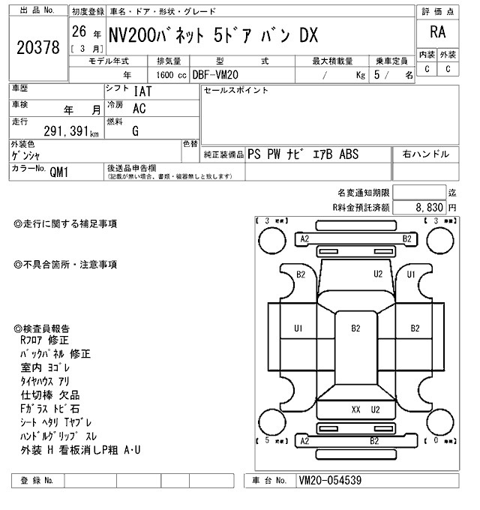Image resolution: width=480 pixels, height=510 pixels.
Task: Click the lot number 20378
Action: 37,47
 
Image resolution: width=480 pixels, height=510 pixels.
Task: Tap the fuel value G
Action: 135,132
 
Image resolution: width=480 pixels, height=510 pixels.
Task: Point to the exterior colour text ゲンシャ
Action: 27,155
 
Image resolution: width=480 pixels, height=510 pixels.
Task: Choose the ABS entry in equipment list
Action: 349,154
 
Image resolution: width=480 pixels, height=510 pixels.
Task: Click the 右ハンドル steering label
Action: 426,154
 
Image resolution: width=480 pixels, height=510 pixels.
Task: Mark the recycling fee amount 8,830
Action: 430,206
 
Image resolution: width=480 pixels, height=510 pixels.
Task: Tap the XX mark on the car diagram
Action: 356,409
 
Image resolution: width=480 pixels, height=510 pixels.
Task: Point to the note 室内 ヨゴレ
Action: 46,367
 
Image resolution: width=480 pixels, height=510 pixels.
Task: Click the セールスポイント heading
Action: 235,90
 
